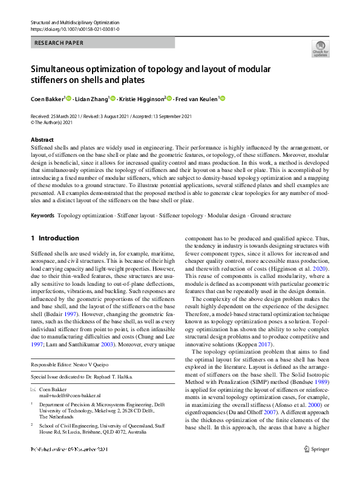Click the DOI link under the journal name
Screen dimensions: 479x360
point(74,28)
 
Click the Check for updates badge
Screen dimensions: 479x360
point(320,48)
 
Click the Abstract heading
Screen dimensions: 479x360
point(41,140)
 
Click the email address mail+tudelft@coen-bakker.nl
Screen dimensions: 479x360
point(61,394)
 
